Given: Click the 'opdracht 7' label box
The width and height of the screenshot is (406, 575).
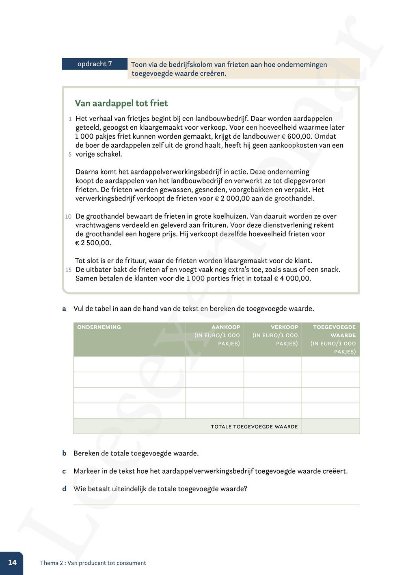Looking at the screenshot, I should [x=95, y=64].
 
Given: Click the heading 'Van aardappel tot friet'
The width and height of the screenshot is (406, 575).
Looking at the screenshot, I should [x=121, y=103].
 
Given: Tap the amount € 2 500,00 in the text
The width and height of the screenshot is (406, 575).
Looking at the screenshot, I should [x=93, y=243].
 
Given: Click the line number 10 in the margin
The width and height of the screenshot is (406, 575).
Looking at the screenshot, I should [x=68, y=217].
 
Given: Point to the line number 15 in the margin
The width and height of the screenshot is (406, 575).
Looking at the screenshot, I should [x=68, y=270].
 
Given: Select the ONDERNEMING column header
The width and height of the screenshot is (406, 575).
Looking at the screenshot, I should [x=99, y=327].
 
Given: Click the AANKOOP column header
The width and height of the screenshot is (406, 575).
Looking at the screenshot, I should [x=225, y=327].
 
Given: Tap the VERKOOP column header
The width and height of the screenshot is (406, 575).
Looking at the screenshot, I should [x=284, y=327].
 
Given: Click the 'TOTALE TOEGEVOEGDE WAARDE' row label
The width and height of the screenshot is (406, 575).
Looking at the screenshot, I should [x=254, y=427].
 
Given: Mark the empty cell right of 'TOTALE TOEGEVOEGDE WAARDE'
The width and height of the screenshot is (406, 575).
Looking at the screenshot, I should [x=330, y=426].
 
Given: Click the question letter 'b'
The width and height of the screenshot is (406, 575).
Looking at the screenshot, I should [x=64, y=453].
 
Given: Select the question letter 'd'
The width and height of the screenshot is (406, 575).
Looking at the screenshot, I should [x=64, y=489].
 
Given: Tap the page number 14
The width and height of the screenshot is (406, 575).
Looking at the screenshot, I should [x=12, y=563].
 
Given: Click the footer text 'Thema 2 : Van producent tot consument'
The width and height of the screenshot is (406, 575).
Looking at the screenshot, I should [x=93, y=563].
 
